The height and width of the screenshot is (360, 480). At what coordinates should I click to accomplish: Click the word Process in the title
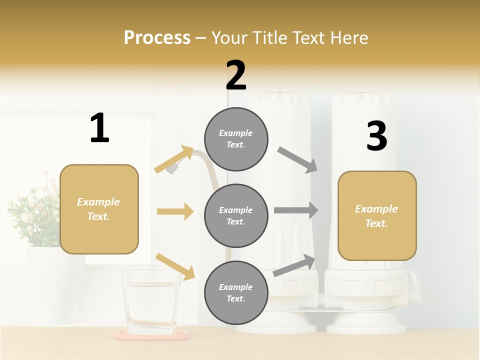click(157, 37)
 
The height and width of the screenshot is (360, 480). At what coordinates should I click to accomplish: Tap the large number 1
click(99, 128)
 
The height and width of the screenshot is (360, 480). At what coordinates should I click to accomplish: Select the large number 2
click(236, 75)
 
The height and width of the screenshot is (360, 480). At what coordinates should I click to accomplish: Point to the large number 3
click(376, 136)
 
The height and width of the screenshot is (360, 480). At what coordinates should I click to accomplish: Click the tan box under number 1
click(99, 209)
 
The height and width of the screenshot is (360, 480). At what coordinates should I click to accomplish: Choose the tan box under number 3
click(377, 215)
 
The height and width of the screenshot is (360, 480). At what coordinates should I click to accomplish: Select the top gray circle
click(236, 139)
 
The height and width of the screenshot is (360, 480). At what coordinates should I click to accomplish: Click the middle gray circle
click(236, 215)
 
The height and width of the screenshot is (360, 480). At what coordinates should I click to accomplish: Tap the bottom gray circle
click(236, 292)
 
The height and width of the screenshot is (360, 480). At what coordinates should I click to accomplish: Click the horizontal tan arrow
click(175, 211)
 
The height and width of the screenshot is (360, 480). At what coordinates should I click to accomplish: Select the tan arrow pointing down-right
click(175, 266)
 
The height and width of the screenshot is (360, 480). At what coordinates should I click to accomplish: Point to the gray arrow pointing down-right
click(298, 160)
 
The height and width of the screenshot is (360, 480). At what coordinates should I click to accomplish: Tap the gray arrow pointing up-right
click(294, 265)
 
